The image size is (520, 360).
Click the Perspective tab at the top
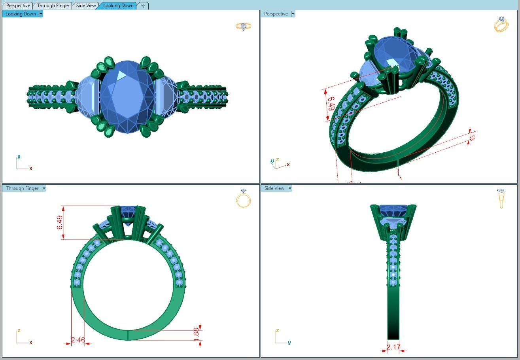pos(18,6)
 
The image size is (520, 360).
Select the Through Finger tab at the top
pos(53,6)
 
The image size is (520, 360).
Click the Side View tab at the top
pos(86,6)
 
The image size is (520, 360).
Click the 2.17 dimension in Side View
pos(393,347)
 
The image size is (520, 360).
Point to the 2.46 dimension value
pos(78,340)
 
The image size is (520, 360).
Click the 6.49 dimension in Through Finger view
pos(60,222)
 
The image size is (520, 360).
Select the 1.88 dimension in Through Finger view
pos(197,333)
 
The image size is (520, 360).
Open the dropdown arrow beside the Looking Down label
pos(41,14)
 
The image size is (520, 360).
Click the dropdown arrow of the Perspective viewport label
pos(293,14)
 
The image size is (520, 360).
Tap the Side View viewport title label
pos(274,188)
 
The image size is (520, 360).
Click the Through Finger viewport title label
pos(22,188)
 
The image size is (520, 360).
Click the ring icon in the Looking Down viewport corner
pos(244,27)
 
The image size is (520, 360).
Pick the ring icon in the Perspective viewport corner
pos(501,25)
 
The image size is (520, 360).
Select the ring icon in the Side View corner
pos(501,198)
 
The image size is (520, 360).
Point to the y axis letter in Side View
pos(289,343)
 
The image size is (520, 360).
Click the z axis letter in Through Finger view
pos(19,330)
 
